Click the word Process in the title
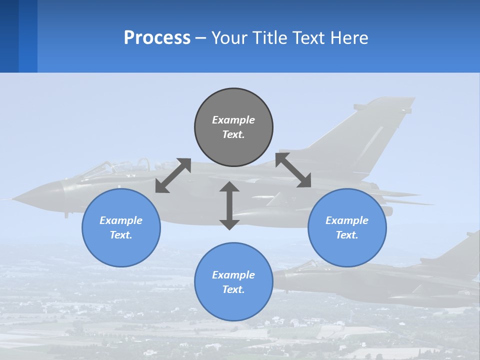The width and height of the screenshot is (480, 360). pyautogui.click(x=157, y=38)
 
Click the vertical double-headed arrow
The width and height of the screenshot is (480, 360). pyautogui.click(x=229, y=205)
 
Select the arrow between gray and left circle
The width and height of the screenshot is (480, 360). pyautogui.click(x=173, y=175)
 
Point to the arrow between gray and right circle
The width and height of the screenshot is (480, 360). pyautogui.click(x=293, y=170)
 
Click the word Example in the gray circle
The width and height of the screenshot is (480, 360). pyautogui.click(x=233, y=120)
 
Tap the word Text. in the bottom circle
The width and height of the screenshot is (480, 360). pyautogui.click(x=233, y=289)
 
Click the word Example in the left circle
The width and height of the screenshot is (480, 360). pyautogui.click(x=121, y=220)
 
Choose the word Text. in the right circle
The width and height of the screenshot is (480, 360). pyautogui.click(x=347, y=235)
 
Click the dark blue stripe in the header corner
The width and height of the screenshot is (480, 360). pyautogui.click(x=9, y=36)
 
